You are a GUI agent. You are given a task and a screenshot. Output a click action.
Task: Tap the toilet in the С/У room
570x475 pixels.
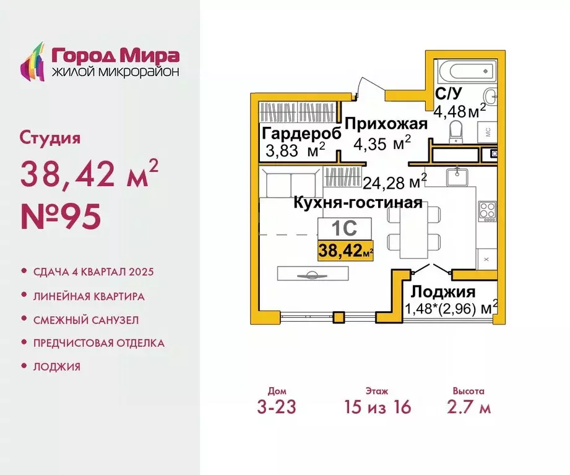(457, 132)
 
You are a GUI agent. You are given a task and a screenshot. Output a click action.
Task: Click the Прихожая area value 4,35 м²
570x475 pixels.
(382, 143)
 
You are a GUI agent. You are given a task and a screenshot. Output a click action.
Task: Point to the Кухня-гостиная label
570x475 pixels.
(357, 203)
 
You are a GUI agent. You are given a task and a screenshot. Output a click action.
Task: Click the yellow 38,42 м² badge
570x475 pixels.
(345, 251)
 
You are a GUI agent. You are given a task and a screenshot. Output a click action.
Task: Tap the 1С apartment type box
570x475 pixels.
(345, 229)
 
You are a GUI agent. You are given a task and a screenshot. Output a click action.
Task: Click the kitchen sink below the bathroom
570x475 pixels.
(458, 176)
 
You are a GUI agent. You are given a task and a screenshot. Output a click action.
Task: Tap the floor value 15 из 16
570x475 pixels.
(377, 408)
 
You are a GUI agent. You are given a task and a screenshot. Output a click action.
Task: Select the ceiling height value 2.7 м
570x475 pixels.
(468, 408)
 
